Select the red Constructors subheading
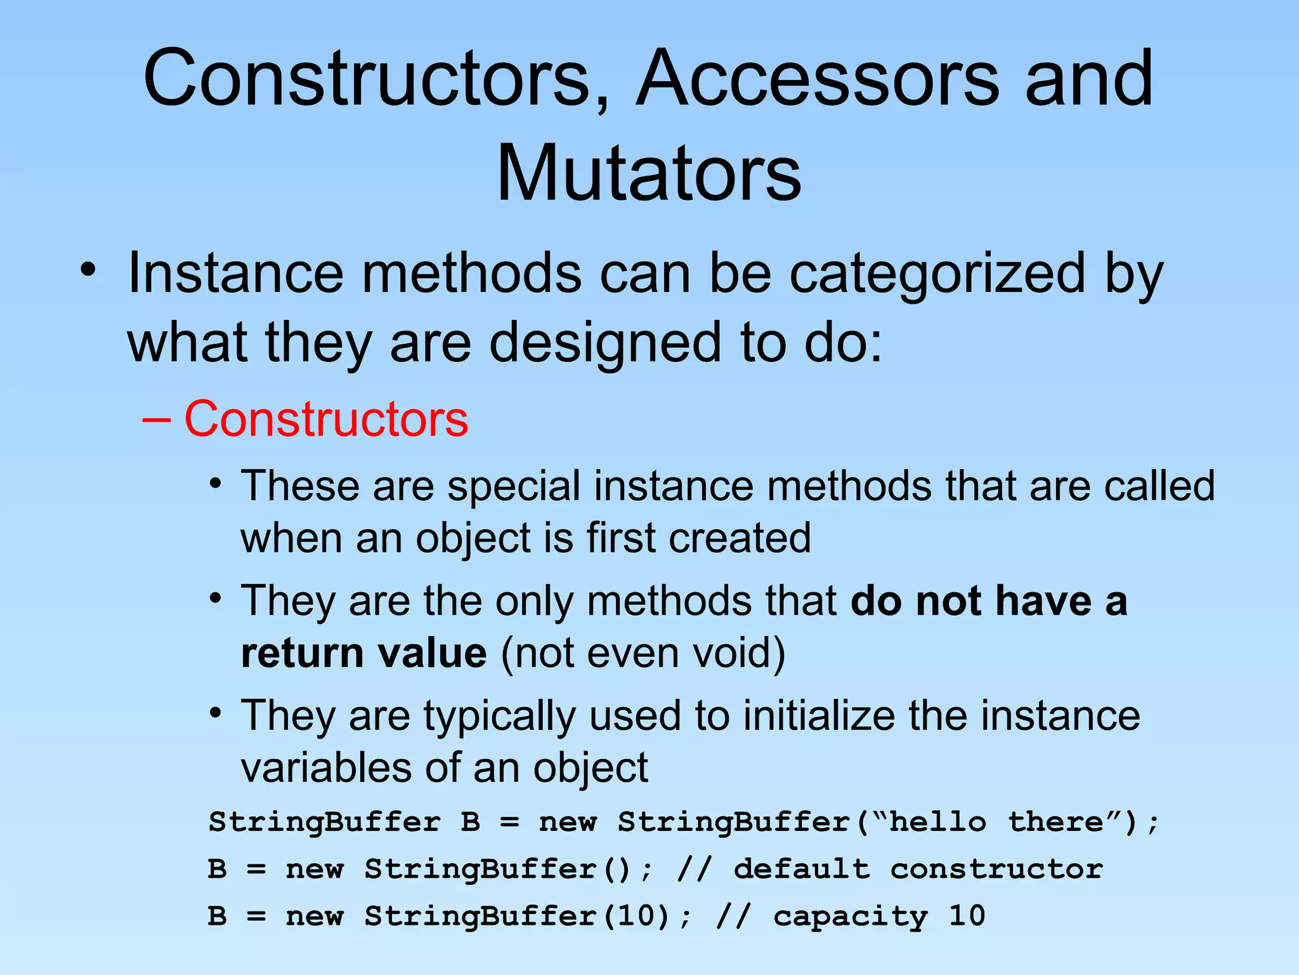tap(326, 419)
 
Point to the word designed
tap(605, 343)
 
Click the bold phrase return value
tap(364, 653)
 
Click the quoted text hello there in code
tap(996, 822)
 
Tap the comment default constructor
tap(918, 869)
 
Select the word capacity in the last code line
tap(850, 916)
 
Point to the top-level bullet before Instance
tap(88, 270)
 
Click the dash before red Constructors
tap(156, 420)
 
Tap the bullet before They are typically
tap(216, 712)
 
